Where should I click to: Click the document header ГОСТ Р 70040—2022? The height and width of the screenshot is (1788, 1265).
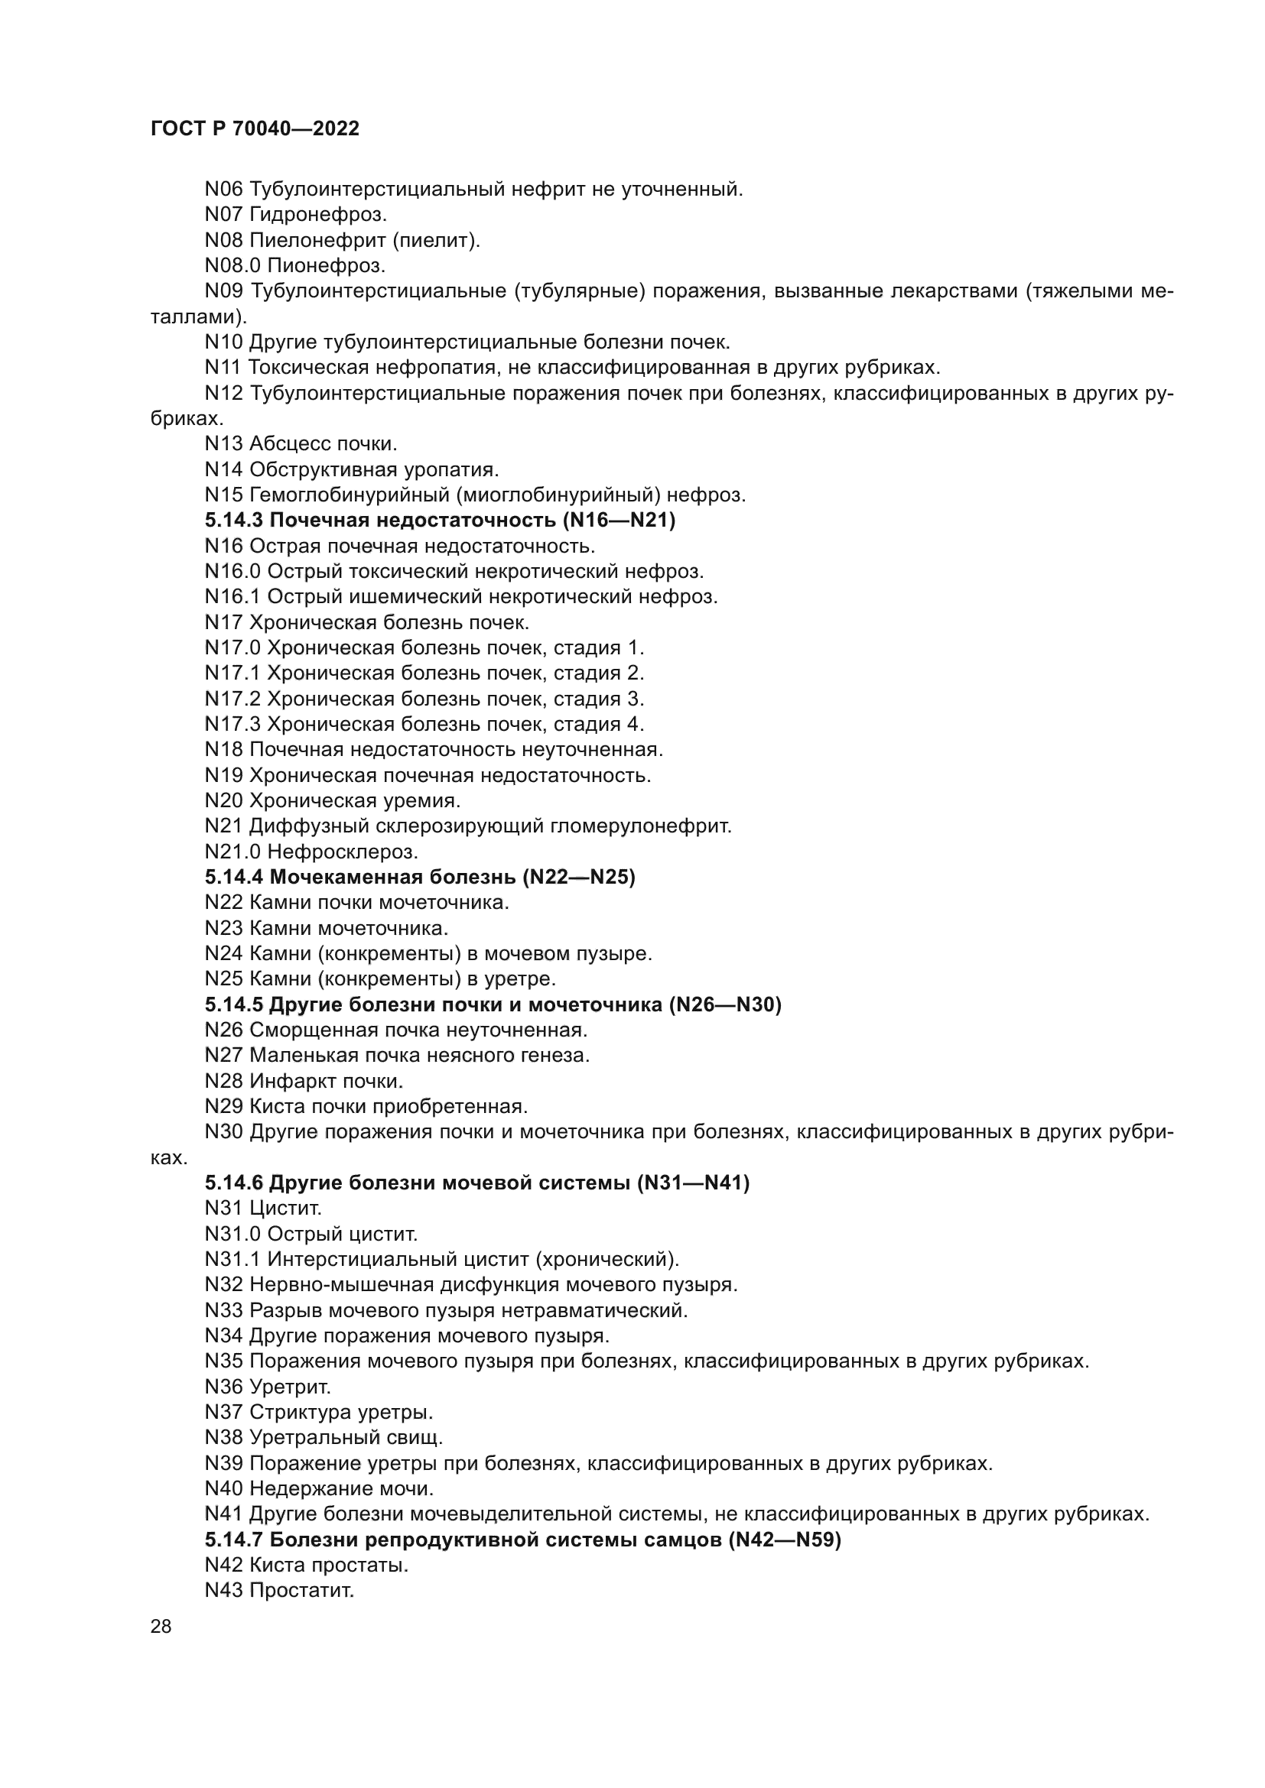point(255,129)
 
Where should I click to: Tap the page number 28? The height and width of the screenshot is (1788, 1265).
point(161,1626)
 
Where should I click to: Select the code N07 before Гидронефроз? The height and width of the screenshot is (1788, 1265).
point(223,214)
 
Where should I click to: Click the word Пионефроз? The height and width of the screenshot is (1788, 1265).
point(327,265)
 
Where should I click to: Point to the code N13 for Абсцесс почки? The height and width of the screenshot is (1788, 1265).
point(223,444)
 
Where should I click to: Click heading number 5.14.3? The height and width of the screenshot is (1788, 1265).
point(234,521)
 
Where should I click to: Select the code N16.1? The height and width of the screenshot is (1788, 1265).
point(233,596)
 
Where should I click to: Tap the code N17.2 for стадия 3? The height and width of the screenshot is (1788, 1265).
point(233,699)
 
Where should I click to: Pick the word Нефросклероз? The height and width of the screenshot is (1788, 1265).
point(343,852)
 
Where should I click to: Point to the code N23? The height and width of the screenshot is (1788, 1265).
point(223,928)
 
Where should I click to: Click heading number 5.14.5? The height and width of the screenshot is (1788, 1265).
point(234,1004)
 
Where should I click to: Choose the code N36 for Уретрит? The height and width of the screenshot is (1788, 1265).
point(223,1386)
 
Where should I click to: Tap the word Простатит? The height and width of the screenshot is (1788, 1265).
point(301,1590)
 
